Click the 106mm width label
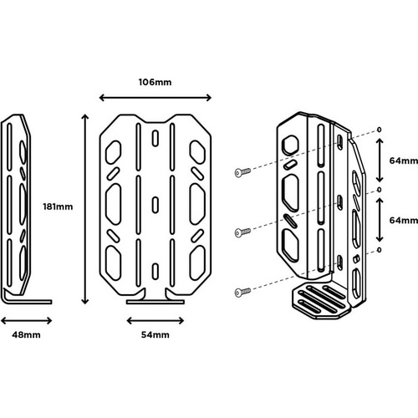(155, 83)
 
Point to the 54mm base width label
(156, 334)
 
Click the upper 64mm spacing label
(401, 159)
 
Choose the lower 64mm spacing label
(401, 220)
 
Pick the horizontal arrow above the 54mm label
(156, 319)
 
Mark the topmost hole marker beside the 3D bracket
(379, 130)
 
